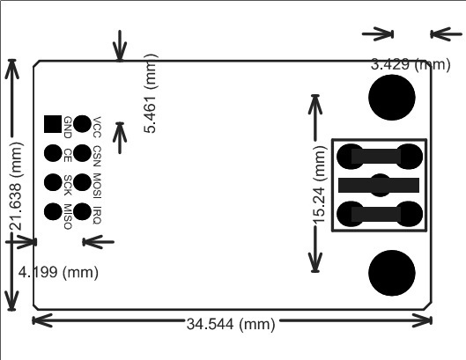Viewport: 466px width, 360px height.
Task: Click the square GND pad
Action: pyautogui.click(x=53, y=124)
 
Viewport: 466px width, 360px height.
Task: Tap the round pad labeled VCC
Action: pyautogui.click(x=82, y=124)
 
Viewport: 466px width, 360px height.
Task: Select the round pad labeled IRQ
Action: pyautogui.click(x=82, y=211)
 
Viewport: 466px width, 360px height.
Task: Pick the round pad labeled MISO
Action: pyautogui.click(x=53, y=211)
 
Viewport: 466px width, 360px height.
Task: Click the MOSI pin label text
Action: pyautogui.click(x=97, y=186)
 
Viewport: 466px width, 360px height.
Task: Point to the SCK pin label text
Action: pyautogui.click(x=68, y=185)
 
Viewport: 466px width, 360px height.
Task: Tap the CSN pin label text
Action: pyautogui.click(x=97, y=156)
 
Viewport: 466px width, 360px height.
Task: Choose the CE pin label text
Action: pyautogui.click(x=68, y=155)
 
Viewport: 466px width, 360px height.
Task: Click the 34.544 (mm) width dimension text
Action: pyautogui.click(x=231, y=324)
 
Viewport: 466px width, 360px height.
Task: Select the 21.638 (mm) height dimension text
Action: pyautogui.click(x=16, y=187)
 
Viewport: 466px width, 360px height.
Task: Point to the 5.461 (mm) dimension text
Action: pyautogui.click(x=151, y=93)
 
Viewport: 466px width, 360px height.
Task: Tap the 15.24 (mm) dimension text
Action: pyautogui.click(x=320, y=185)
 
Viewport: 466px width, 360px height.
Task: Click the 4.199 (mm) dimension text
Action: pyautogui.click(x=58, y=272)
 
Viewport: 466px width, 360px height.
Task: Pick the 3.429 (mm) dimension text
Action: pyautogui.click(x=411, y=64)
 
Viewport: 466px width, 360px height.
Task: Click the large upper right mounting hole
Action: pyautogui.click(x=392, y=98)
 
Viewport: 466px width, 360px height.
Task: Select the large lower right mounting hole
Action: pyautogui.click(x=392, y=273)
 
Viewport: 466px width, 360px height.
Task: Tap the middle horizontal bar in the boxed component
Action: pyautogui.click(x=379, y=185)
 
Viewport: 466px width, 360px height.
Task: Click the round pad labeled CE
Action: pyautogui.click(x=53, y=153)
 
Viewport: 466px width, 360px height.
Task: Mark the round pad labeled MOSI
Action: pyautogui.click(x=82, y=182)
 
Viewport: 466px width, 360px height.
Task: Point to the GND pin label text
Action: pyautogui.click(x=68, y=127)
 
